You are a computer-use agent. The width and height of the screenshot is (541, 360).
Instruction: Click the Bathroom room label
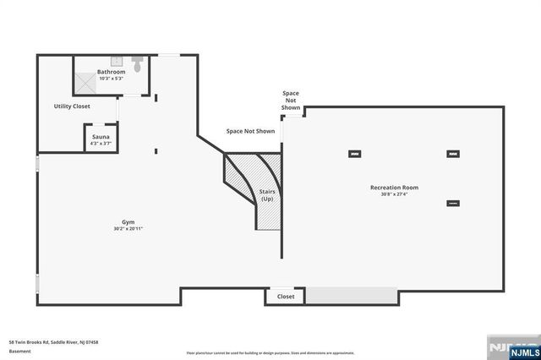(x=111, y=72)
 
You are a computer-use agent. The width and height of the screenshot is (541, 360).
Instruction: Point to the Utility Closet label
(x=72, y=106)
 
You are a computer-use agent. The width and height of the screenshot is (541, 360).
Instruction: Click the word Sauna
(x=101, y=136)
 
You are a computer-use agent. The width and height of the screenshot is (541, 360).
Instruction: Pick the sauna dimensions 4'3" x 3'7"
(x=101, y=144)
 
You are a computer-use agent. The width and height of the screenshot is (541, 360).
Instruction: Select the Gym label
(x=128, y=221)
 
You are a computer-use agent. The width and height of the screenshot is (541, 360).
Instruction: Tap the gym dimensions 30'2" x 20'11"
(x=128, y=229)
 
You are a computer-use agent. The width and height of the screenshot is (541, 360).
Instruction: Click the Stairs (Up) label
(x=267, y=196)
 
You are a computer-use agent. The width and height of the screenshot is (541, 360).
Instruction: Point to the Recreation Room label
(x=394, y=187)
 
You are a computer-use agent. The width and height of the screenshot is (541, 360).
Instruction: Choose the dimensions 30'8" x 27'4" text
(x=394, y=194)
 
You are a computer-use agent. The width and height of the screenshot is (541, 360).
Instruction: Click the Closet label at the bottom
(x=286, y=297)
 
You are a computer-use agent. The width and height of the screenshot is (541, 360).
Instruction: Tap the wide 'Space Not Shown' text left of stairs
(x=250, y=132)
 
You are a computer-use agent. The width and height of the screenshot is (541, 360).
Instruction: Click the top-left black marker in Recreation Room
(x=354, y=154)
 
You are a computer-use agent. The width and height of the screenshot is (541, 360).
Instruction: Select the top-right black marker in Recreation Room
(x=453, y=154)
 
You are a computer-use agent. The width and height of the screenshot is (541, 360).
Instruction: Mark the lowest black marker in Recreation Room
(x=453, y=203)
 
